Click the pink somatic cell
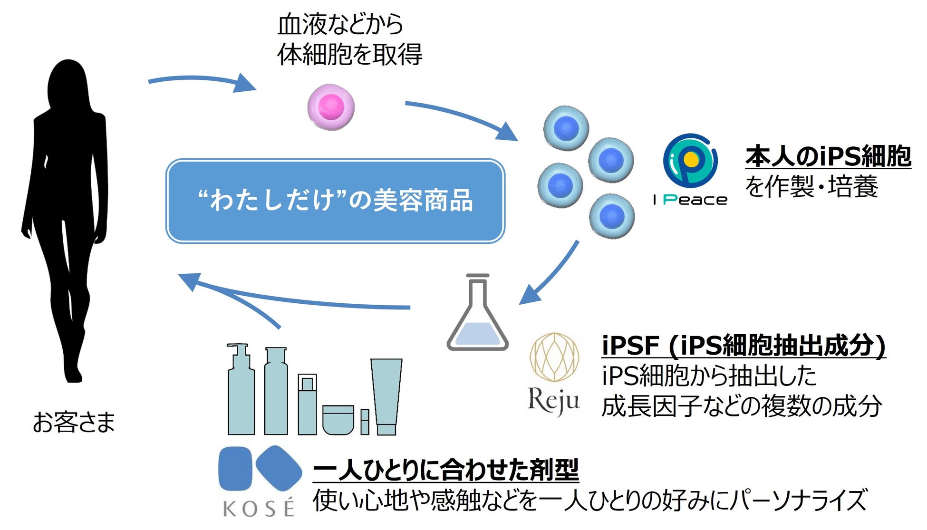coord(331,107)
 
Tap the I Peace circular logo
coord(690,161)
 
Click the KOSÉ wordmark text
coord(259,509)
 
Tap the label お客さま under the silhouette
coord(74,422)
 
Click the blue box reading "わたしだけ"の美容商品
coord(335,201)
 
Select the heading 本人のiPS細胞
coord(828,156)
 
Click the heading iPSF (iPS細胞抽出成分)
coord(744,345)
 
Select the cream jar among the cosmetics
coord(338,419)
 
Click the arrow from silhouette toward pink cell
coord(202,82)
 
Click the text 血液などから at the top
coord(340,24)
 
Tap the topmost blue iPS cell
coord(566,127)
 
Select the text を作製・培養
coord(811,186)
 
